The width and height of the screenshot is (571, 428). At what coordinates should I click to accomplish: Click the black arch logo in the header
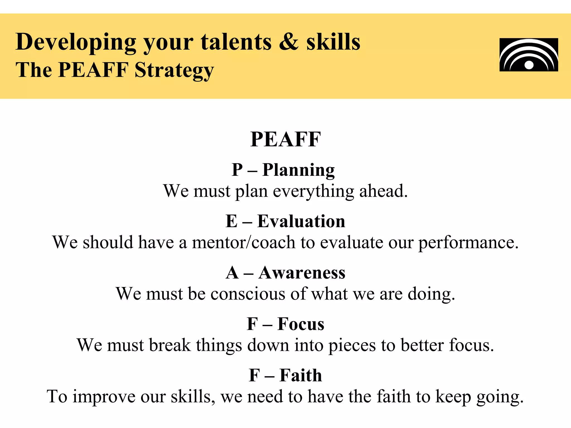(529, 55)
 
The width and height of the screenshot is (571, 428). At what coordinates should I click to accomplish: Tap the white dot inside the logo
(529, 65)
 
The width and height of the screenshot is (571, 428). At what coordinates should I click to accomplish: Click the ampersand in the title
(289, 42)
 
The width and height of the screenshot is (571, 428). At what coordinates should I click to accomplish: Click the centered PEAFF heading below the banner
(285, 139)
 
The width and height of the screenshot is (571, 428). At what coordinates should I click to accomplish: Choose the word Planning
(298, 170)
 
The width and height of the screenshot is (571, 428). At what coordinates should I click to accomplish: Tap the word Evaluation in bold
(301, 221)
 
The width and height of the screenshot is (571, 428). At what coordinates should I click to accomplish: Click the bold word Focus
(301, 324)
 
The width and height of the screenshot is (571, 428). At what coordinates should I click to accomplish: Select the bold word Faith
(301, 375)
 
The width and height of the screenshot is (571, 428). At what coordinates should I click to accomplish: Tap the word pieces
(352, 346)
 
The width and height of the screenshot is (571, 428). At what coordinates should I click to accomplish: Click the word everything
(313, 191)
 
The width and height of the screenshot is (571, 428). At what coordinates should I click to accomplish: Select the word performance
(468, 243)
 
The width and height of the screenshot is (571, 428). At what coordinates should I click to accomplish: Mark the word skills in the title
(333, 42)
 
